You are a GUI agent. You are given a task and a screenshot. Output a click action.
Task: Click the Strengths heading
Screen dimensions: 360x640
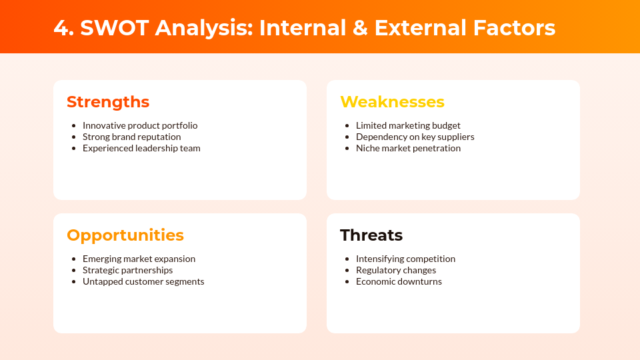pos(108,102)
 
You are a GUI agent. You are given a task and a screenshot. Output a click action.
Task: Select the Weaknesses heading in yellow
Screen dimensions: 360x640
pos(392,102)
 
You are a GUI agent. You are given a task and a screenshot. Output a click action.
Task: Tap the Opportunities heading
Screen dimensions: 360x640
pos(125,235)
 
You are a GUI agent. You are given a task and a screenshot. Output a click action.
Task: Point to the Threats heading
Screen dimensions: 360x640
pos(371,235)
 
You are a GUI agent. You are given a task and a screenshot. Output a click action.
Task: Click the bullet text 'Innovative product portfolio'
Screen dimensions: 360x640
pos(140,125)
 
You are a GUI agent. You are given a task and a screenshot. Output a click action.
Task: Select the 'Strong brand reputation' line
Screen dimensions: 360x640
pos(131,137)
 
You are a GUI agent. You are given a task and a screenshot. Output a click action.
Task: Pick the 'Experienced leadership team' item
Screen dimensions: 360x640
pos(141,148)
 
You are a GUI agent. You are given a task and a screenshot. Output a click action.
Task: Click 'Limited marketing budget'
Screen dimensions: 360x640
pos(408,125)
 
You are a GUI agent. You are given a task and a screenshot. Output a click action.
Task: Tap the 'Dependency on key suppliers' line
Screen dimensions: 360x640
pos(415,137)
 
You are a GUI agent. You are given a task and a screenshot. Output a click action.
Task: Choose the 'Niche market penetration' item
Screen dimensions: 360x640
pos(408,148)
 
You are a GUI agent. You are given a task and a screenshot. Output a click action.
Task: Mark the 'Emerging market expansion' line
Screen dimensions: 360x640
pos(139,259)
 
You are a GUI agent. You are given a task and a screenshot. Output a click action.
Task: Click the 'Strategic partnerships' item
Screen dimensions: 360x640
pos(127,270)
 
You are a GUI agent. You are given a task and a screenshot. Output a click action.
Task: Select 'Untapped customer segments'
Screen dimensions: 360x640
pos(143,281)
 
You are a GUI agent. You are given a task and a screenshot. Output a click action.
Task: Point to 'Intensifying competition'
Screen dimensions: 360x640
pos(405,259)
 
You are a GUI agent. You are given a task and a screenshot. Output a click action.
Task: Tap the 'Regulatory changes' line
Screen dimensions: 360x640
pos(396,270)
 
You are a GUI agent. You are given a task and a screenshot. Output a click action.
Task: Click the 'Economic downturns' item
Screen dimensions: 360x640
pos(399,281)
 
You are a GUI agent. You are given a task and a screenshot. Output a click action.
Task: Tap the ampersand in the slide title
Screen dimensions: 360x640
pos(360,28)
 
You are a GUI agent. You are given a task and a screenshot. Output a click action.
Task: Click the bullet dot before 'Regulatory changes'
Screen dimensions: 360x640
pos(347,270)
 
